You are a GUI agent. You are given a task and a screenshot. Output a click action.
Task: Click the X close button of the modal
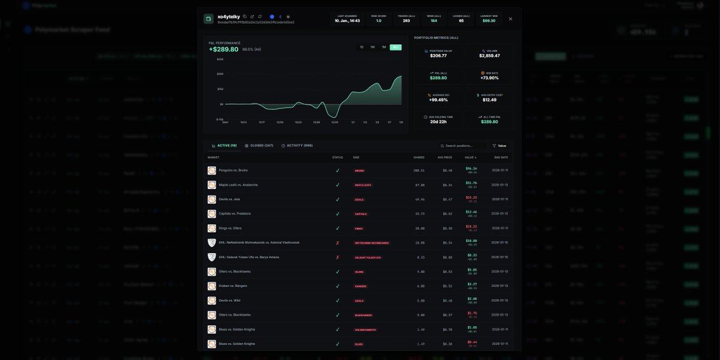point(511,19)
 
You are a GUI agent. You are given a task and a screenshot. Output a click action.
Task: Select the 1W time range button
point(373,47)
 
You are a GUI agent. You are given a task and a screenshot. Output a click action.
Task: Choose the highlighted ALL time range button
point(395,47)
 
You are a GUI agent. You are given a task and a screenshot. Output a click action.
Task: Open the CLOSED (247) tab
point(259,145)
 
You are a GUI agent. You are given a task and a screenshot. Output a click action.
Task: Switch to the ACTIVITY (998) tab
point(297,145)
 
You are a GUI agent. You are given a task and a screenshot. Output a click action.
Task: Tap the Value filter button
point(499,146)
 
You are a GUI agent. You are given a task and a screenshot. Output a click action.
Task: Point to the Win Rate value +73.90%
point(490,78)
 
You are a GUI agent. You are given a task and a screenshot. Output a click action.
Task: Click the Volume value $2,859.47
point(490,56)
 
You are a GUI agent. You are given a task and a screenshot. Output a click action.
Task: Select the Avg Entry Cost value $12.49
point(490,100)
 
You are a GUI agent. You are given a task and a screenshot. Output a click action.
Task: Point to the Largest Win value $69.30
point(489,20)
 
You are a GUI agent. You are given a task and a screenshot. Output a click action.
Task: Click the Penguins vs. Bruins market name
point(233,170)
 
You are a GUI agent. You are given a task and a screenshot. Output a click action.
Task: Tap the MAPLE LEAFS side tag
point(363,185)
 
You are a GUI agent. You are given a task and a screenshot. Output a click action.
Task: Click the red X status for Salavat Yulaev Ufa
point(337,257)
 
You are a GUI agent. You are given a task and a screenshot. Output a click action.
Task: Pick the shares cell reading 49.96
point(419,199)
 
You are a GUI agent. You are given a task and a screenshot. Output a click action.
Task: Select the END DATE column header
point(500,157)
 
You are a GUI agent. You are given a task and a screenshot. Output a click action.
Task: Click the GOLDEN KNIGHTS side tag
point(365,329)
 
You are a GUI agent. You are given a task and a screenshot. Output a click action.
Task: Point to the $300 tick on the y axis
point(220,74)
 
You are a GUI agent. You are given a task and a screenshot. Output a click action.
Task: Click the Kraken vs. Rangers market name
point(233,286)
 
